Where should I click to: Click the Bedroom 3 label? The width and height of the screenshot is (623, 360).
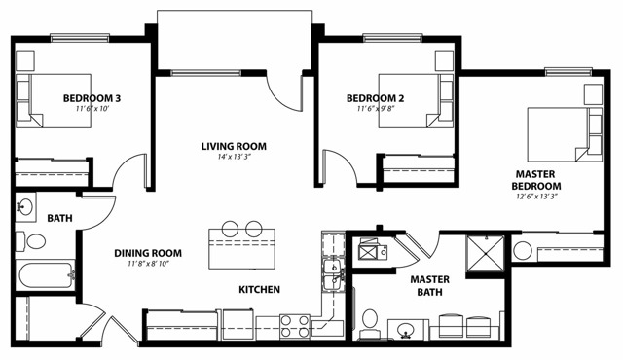click(92, 98)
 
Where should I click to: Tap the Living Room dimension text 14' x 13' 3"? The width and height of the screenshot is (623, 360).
click(234, 157)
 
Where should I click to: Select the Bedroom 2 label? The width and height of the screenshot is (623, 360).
click(375, 98)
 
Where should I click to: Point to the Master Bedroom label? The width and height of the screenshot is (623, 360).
click(536, 180)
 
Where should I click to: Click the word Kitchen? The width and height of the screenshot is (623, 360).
click(260, 289)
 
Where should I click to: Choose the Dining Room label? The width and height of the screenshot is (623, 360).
click(148, 253)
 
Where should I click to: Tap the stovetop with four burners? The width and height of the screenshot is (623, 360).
click(295, 326)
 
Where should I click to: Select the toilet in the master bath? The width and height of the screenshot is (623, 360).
click(370, 323)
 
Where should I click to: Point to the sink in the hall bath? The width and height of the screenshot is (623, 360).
click(25, 207)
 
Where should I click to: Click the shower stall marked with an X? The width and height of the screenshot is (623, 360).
click(486, 254)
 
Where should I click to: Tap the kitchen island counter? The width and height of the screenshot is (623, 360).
click(242, 249)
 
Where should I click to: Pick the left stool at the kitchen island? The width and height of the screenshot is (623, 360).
click(230, 229)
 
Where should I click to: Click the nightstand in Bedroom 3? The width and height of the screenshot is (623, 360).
click(25, 60)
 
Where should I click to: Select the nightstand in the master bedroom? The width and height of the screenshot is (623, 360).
click(593, 94)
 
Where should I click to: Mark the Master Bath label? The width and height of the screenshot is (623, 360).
click(430, 286)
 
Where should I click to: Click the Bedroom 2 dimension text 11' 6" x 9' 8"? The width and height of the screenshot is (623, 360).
click(376, 108)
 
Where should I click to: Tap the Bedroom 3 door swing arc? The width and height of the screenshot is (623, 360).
click(127, 167)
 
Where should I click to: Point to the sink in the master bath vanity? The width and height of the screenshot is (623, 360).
click(406, 329)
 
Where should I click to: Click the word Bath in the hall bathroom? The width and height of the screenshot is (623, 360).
click(59, 218)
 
